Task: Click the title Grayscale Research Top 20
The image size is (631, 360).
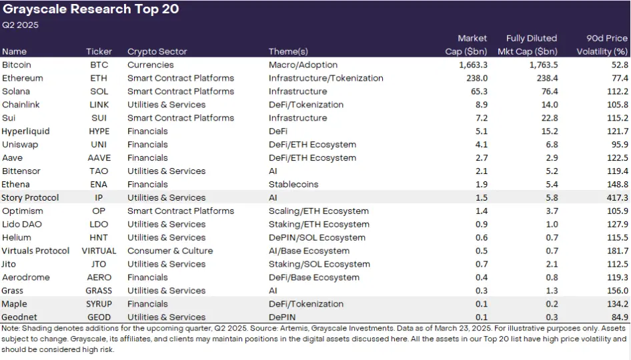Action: point(91,10)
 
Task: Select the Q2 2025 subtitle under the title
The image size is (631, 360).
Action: point(21,25)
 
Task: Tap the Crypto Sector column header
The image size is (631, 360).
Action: point(157,51)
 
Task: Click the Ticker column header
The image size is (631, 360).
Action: point(99,51)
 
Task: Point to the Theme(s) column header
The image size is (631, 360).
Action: point(288,51)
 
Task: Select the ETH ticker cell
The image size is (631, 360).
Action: point(99,78)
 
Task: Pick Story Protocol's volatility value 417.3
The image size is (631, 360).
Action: point(614,198)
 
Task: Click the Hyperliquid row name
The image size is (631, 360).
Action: point(25,131)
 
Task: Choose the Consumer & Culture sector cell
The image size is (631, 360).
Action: point(170,251)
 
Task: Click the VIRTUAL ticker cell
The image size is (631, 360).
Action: point(99,251)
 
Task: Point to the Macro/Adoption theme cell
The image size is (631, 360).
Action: point(303,65)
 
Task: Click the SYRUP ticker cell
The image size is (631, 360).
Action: point(99,304)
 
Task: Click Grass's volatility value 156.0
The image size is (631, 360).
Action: point(614,291)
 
